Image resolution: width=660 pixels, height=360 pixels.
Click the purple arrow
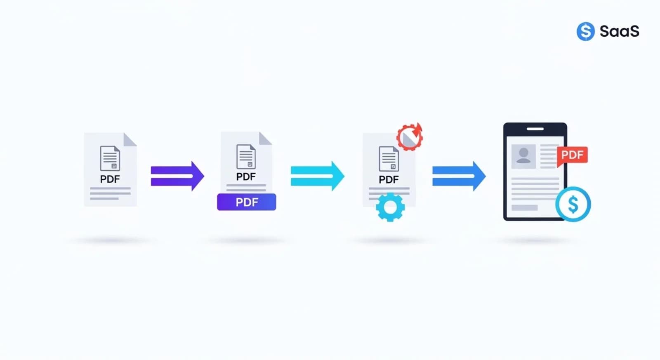point(177,176)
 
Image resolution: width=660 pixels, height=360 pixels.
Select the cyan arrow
point(318,176)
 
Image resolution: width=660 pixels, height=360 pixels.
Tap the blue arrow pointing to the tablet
point(459,176)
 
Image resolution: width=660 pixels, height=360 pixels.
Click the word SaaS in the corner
point(620,31)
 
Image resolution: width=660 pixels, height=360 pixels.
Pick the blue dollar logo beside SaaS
point(585,31)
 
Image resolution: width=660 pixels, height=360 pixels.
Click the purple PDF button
point(247,202)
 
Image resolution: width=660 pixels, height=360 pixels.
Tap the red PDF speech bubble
point(572,155)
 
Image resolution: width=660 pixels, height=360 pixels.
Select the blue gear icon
point(390,207)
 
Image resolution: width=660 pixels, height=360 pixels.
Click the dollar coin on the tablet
point(573,204)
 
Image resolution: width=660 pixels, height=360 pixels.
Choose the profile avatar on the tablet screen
point(523,156)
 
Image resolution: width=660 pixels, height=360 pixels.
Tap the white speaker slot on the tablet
point(535,129)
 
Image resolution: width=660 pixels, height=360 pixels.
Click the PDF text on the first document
point(110,179)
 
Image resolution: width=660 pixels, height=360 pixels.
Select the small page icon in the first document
point(110,158)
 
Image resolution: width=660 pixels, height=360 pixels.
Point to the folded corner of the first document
point(130,139)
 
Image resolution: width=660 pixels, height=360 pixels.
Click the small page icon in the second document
point(246,157)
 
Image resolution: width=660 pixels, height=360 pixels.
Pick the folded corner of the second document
point(266,138)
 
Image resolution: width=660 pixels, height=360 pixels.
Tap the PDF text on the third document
point(389,179)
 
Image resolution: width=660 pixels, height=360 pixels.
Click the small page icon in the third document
point(389,159)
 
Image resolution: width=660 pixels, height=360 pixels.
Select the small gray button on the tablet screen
point(524,208)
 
